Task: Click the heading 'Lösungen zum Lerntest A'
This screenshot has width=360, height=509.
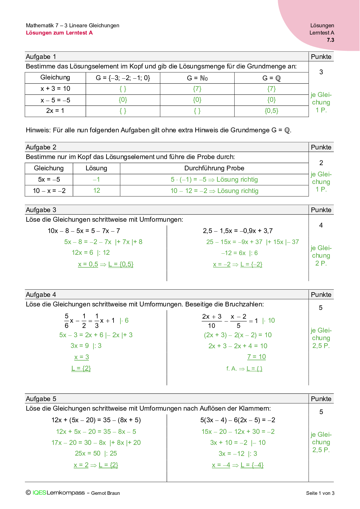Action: [x=59, y=33]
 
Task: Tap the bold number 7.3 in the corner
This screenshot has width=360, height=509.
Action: [x=330, y=40]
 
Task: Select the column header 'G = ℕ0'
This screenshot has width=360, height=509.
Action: [x=197, y=78]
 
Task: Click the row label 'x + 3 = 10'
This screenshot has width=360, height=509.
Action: [x=55, y=89]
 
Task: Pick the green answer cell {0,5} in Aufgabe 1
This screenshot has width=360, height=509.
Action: [x=271, y=111]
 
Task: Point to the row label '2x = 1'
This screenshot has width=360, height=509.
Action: [x=55, y=111]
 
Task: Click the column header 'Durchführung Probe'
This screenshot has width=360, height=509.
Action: [x=214, y=168]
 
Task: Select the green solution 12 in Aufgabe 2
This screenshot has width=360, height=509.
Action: [x=97, y=191]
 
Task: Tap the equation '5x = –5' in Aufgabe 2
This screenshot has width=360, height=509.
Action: [x=49, y=180]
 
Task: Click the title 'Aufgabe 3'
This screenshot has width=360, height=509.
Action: [x=41, y=210]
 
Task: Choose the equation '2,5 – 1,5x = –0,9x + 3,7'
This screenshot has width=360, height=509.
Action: [x=238, y=231]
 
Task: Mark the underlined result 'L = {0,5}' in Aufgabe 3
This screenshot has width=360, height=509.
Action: [x=121, y=264]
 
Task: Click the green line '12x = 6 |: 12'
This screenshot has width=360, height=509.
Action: [x=91, y=253]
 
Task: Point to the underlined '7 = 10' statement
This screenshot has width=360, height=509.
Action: [x=256, y=357]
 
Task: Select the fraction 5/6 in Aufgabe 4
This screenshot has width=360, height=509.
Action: [x=66, y=321]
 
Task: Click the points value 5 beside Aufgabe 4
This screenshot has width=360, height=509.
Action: [x=321, y=308]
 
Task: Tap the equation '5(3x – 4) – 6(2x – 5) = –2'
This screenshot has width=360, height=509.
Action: [x=238, y=420]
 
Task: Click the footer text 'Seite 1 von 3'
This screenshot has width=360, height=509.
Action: [x=320, y=493]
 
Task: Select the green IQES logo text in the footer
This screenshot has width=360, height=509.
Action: [x=39, y=493]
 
